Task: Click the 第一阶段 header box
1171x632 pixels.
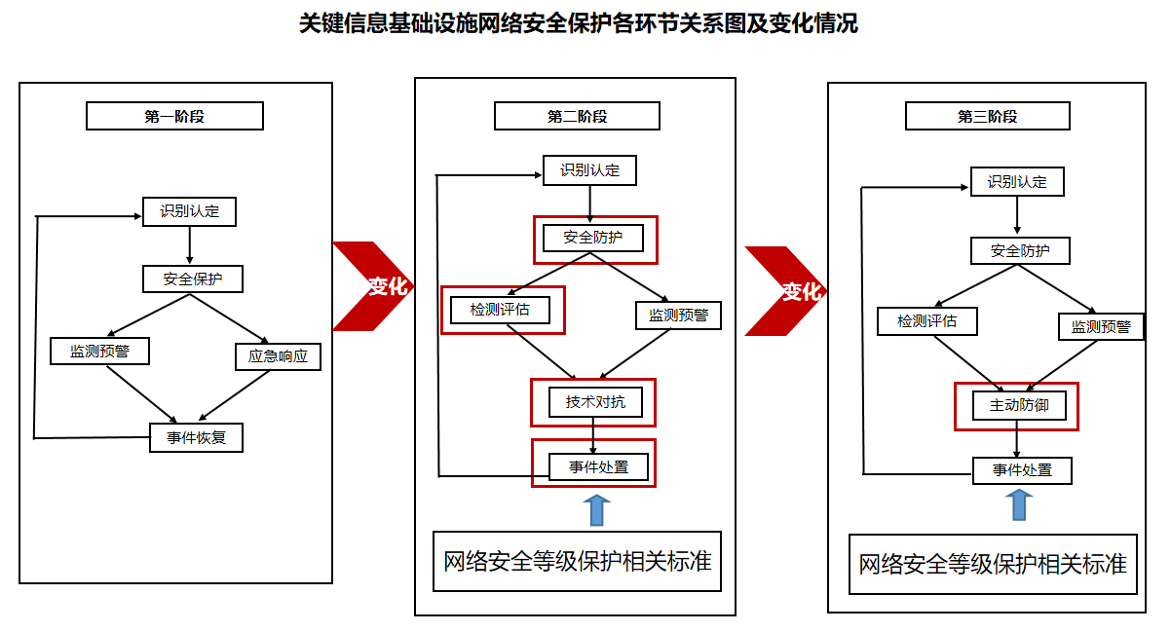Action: point(174,116)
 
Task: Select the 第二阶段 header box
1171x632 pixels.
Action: point(577,116)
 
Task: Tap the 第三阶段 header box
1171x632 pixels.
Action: point(987,116)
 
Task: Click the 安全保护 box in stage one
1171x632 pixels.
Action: point(192,279)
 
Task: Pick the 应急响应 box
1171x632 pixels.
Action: point(278,356)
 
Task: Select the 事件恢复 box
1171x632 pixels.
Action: point(196,437)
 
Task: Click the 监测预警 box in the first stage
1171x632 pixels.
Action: point(99,351)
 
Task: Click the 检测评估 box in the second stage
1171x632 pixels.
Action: point(500,310)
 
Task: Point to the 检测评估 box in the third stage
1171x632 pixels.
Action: point(926,320)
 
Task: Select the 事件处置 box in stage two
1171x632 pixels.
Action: point(599,467)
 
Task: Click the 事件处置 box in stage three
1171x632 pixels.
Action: point(1022,470)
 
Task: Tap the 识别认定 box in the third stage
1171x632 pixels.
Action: point(1017,182)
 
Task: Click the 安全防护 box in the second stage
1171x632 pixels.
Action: point(593,237)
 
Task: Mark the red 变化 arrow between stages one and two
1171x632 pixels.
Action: point(375,286)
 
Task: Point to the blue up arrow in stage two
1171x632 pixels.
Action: point(596,509)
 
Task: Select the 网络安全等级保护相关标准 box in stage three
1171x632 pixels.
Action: point(993,564)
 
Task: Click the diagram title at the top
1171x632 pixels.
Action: point(579,24)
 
